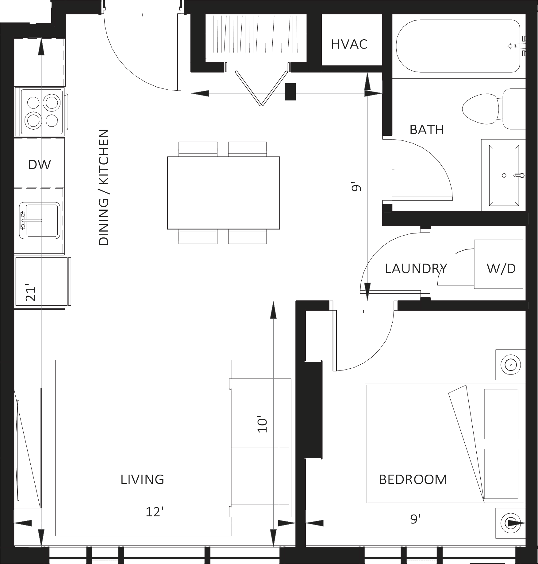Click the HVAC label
tap(349, 45)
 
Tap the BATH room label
tap(427, 130)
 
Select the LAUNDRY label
tap(416, 268)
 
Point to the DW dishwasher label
tap(39, 165)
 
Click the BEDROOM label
tap(413, 480)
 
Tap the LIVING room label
tap(142, 480)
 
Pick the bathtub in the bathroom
tap(458, 46)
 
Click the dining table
tap(223, 193)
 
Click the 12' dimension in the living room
tap(154, 512)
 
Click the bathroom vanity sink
tap(504, 175)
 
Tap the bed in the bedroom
tap(445, 444)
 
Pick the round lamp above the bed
tap(510, 365)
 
